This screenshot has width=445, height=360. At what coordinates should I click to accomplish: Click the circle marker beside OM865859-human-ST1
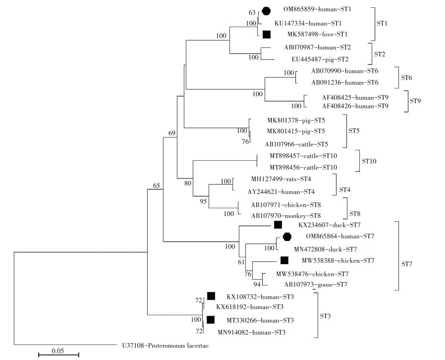[x=266, y=11]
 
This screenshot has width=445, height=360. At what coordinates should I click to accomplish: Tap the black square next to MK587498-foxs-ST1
[x=266, y=34]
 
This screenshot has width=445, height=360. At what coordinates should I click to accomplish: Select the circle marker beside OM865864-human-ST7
[x=286, y=236]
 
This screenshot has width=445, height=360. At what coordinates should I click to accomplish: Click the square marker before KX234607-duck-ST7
[x=278, y=225]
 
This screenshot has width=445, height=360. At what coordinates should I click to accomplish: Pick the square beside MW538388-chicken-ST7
[x=284, y=260]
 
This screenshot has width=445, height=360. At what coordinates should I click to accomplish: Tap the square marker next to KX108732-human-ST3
[x=211, y=296]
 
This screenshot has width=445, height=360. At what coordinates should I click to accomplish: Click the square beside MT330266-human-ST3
[x=211, y=320]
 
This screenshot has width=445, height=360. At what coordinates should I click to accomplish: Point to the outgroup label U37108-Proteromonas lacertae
[x=163, y=346]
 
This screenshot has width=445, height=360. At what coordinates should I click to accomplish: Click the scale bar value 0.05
[x=58, y=351]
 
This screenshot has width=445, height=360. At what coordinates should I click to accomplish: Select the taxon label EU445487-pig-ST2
[x=320, y=59]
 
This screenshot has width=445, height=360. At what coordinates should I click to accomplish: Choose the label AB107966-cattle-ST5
[x=297, y=144]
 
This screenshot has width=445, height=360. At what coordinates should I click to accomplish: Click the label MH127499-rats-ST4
[x=281, y=179]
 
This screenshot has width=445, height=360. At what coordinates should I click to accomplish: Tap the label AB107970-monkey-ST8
[x=286, y=216]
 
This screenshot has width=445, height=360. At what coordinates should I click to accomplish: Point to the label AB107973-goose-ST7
[x=315, y=285]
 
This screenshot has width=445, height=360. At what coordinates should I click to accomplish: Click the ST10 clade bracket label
[x=369, y=161]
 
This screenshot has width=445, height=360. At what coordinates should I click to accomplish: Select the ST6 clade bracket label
[x=406, y=78]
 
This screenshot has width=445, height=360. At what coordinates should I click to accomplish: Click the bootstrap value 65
[x=156, y=186]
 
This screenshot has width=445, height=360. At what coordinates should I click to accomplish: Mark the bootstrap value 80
[x=188, y=183]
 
